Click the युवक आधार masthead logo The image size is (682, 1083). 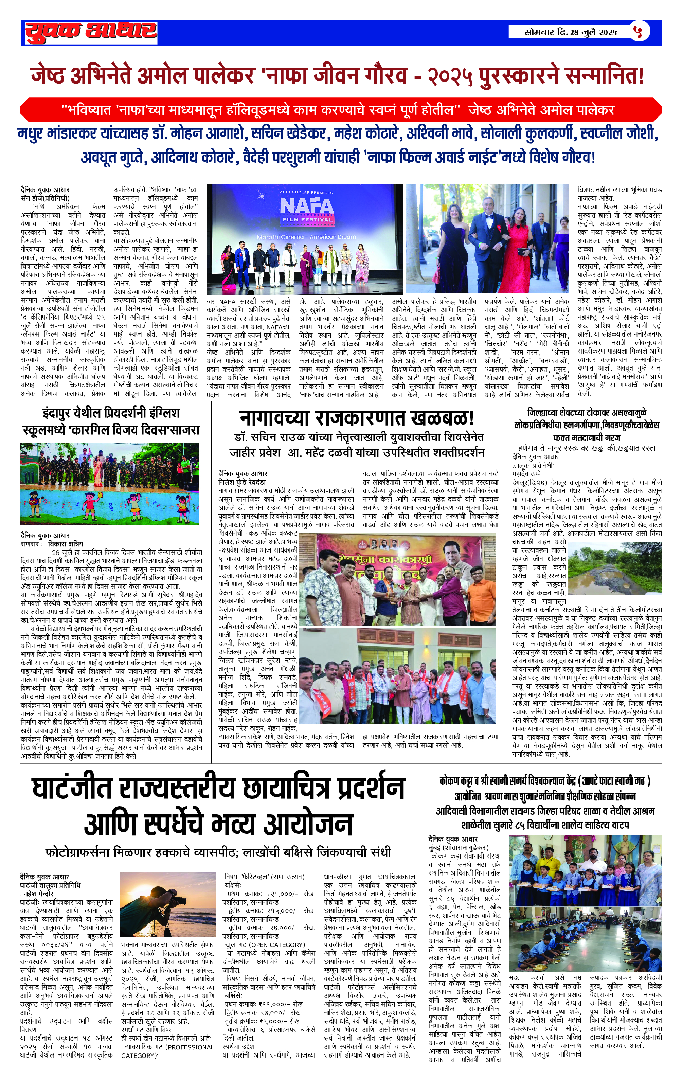91,32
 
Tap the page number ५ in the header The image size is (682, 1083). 638,32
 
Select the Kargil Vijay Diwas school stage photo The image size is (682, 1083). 109,484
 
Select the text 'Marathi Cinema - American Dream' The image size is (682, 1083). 306,237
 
